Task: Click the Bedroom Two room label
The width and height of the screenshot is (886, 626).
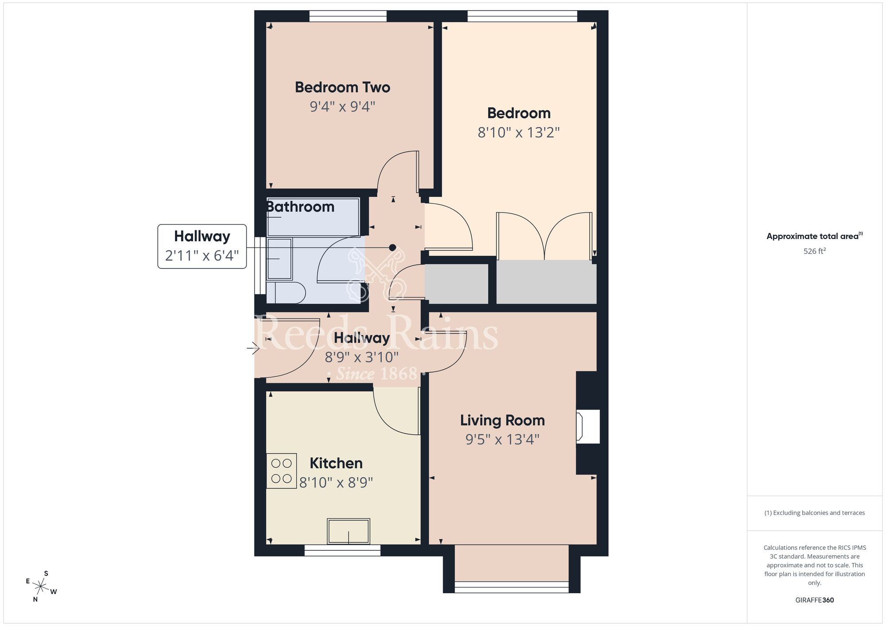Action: (342, 87)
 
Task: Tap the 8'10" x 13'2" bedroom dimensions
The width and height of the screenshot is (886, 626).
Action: (519, 132)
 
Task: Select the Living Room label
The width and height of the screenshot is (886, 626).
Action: (502, 420)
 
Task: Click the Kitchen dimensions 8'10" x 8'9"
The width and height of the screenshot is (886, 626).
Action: (336, 482)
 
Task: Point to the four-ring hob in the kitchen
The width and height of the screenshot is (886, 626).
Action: (281, 471)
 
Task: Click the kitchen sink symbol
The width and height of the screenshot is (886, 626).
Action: (348, 531)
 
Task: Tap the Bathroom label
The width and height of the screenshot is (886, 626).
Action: (300, 207)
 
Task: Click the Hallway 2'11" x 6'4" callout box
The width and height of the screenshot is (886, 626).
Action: (202, 246)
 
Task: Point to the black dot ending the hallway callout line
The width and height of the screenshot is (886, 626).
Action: (392, 247)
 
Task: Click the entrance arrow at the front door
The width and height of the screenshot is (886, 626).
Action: (253, 348)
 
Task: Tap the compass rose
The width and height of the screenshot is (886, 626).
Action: (41, 587)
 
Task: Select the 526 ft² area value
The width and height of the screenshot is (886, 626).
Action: (815, 251)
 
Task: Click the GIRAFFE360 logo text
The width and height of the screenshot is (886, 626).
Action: (815, 600)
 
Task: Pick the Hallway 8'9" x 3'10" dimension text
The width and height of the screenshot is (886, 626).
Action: (362, 357)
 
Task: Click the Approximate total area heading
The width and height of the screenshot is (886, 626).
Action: (814, 236)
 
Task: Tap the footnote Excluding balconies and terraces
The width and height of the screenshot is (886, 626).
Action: (815, 513)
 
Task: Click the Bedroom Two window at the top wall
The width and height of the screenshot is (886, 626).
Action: (348, 16)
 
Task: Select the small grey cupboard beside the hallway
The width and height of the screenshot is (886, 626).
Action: (456, 284)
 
